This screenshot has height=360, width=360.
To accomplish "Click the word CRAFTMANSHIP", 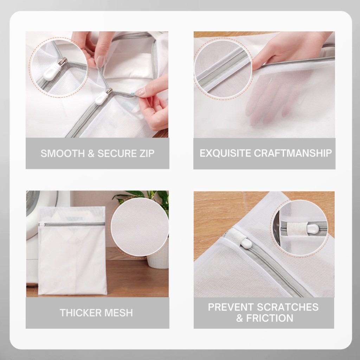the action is click(x=293, y=153).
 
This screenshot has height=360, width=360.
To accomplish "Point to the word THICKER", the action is click(x=81, y=313).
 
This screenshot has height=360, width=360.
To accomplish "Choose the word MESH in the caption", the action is click(x=118, y=313).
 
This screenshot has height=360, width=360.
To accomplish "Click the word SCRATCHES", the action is click(x=288, y=307).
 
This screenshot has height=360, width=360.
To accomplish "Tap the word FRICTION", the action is click(x=270, y=318).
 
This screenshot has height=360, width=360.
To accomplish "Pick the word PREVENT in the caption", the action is click(x=231, y=307).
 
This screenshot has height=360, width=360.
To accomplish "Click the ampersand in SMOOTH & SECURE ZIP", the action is click(x=91, y=154).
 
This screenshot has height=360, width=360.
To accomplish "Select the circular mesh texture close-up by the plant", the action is click(x=140, y=227).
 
